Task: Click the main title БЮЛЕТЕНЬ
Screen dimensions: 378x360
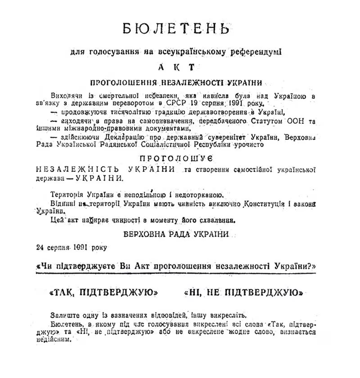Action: (x=176, y=28)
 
